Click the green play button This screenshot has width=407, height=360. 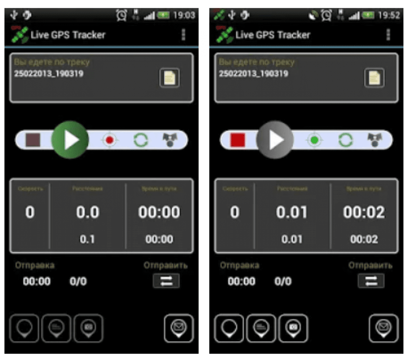click(x=70, y=140)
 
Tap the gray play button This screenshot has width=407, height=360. click(x=275, y=140)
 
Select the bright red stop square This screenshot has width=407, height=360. click(x=238, y=140)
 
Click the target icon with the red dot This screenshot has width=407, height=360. click(x=110, y=140)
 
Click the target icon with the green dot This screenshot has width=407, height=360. click(x=315, y=140)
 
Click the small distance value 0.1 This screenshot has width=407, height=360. click(x=87, y=239)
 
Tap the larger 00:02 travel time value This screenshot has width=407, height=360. click(x=364, y=212)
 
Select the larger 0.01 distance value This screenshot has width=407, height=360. click(x=292, y=212)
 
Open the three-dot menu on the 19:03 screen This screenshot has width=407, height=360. click(x=183, y=35)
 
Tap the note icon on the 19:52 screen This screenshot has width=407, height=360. click(x=374, y=78)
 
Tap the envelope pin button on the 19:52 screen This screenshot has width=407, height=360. click(x=384, y=328)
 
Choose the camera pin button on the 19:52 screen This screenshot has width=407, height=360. click(x=293, y=328)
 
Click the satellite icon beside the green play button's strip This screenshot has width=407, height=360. click(x=170, y=140)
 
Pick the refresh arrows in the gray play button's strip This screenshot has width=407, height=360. click(x=345, y=140)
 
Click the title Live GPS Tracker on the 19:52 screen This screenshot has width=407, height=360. click(x=273, y=35)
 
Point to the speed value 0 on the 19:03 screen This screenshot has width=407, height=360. click(x=30, y=212)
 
